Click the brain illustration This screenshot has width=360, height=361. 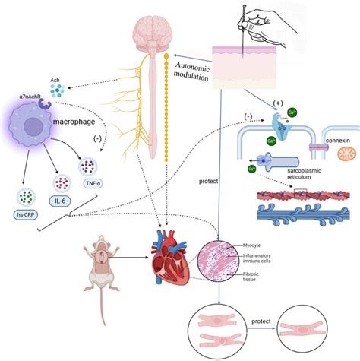(156, 30)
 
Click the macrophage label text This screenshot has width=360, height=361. (74, 122)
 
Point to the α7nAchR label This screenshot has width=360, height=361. (32, 97)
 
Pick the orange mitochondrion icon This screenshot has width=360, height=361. (346, 154)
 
